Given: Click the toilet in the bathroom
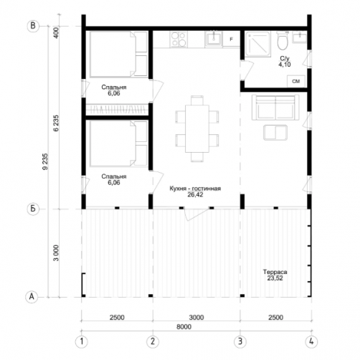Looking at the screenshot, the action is [283, 41].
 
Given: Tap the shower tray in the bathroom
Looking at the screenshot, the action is [257, 44].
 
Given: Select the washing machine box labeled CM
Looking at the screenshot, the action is [296, 82].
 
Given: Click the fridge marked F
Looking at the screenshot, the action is [231, 39].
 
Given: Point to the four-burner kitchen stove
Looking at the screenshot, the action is [179, 39].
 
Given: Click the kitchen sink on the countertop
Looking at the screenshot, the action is [214, 39].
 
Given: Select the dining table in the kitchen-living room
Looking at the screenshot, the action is [197, 128].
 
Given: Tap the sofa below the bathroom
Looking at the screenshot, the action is [275, 108].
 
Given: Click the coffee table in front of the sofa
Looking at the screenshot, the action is [275, 133].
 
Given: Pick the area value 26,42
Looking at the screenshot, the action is [195, 194].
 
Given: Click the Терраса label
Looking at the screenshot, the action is [275, 272].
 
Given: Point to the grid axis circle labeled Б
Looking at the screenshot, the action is [33, 209].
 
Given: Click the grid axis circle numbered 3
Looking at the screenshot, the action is [240, 341].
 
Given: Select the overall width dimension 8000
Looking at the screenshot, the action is [184, 327].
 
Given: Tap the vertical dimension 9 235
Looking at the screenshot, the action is [45, 161].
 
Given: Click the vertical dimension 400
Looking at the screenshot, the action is [56, 33].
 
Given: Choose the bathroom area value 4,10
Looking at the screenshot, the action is [285, 65].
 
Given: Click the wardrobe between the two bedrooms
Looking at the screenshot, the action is [117, 110].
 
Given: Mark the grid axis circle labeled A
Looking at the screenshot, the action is [32, 297].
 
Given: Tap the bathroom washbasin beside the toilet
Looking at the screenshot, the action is [300, 37].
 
